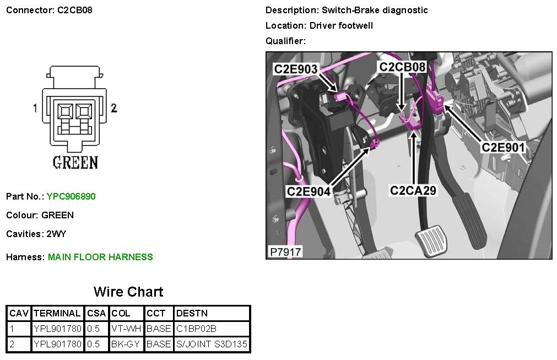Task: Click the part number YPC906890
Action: coord(72,196)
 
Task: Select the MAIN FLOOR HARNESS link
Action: coord(100,257)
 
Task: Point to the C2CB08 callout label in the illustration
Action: coord(402,67)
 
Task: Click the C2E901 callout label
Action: coord(503,147)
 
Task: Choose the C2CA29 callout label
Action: coord(413,191)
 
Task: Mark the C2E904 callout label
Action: coord(308,191)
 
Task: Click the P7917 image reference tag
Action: coord(285,252)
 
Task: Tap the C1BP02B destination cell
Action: coord(196,329)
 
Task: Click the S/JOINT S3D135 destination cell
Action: coord(212,345)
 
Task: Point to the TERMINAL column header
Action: coord(57,314)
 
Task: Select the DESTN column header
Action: coord(192,314)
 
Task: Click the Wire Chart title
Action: coord(128,292)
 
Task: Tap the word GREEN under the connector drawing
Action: coord(75,163)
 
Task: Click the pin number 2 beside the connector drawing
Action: coord(114,108)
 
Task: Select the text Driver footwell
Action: coord(341,26)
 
